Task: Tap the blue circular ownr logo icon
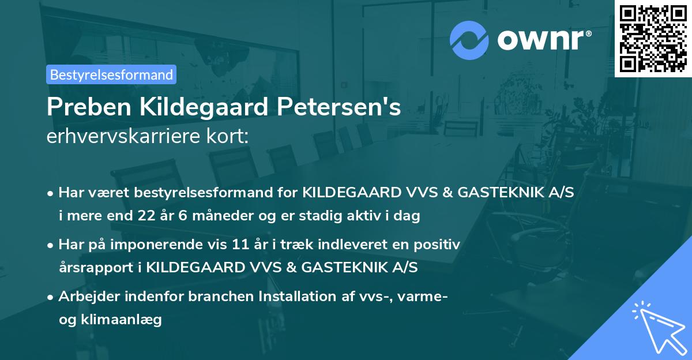(x=469, y=40)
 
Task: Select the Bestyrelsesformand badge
(x=111, y=74)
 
